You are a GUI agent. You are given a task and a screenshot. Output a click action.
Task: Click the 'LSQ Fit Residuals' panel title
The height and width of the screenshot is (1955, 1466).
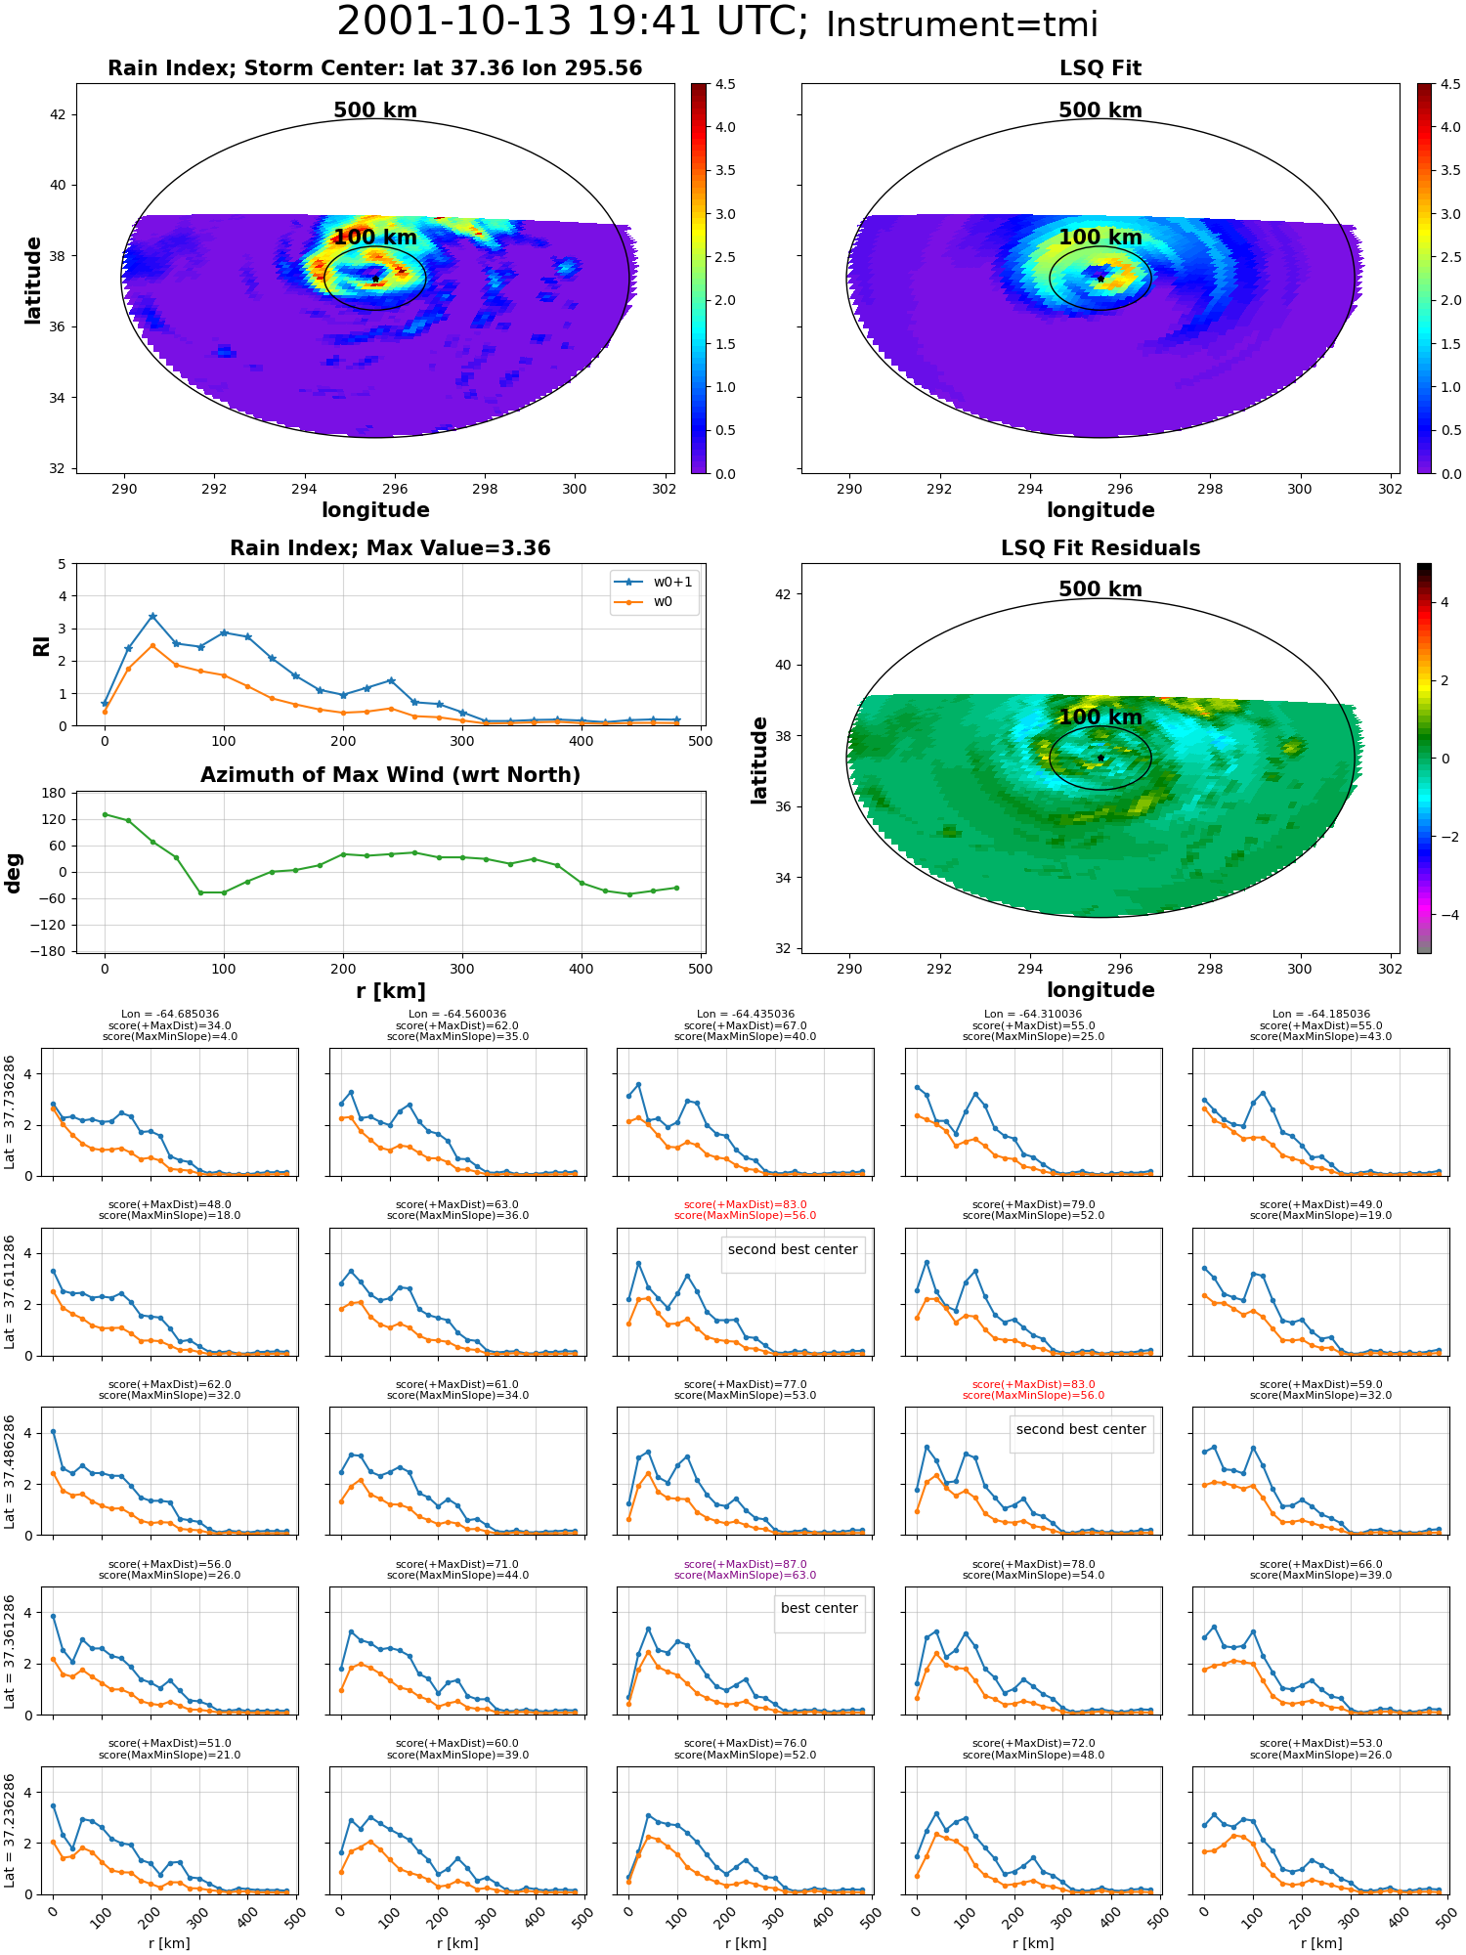pyautogui.click(x=1100, y=548)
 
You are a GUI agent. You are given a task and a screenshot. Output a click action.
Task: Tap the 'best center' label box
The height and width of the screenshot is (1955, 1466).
pyautogui.click(x=819, y=1608)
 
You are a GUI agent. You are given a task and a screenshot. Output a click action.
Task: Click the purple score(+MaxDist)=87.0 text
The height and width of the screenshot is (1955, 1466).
pyautogui.click(x=746, y=1564)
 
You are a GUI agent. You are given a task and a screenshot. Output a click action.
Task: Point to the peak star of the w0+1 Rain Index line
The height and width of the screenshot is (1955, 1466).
pyautogui.click(x=152, y=617)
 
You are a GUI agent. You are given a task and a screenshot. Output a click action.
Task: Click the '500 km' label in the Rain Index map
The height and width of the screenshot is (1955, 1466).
pyautogui.click(x=375, y=110)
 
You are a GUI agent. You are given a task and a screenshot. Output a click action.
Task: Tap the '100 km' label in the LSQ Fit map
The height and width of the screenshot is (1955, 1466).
pyautogui.click(x=1100, y=238)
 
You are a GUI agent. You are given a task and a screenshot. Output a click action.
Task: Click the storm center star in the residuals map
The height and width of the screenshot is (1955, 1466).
pyautogui.click(x=1100, y=758)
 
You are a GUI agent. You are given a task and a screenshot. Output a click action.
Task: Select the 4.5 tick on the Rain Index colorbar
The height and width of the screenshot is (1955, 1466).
pyautogui.click(x=725, y=84)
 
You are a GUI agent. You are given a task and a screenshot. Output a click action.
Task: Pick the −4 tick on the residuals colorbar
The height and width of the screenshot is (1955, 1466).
pyautogui.click(x=1444, y=915)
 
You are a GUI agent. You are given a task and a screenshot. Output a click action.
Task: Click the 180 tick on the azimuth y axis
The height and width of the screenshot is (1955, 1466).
pyautogui.click(x=55, y=793)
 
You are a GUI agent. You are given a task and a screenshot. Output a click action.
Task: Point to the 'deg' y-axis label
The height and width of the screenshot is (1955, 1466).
pyautogui.click(x=14, y=873)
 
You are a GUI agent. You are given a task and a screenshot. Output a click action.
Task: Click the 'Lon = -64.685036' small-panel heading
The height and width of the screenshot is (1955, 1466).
pyautogui.click(x=170, y=1015)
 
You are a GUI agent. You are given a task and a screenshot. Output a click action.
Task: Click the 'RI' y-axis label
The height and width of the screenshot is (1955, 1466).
pyautogui.click(x=41, y=646)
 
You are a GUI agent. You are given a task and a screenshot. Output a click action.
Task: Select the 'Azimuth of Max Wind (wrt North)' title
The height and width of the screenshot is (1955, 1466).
pyautogui.click(x=390, y=775)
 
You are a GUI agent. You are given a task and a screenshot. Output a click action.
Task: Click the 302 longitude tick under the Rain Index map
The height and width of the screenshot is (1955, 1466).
pyautogui.click(x=665, y=489)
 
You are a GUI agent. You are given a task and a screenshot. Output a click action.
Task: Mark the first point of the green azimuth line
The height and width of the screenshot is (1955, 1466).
pyautogui.click(x=105, y=814)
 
